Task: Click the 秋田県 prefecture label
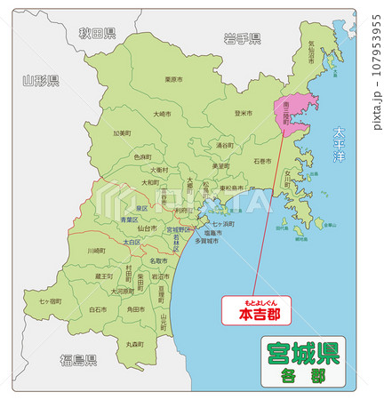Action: (x=97, y=34)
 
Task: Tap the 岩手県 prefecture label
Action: (x=242, y=38)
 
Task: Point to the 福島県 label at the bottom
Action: (x=78, y=359)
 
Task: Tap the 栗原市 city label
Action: (x=173, y=79)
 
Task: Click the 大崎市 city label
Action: (x=162, y=115)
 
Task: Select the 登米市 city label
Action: (x=244, y=114)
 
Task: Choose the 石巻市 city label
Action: (x=262, y=162)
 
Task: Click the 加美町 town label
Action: (x=121, y=134)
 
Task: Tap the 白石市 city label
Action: (x=98, y=309)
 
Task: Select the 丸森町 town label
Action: (x=134, y=344)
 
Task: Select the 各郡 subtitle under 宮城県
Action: (x=302, y=375)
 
